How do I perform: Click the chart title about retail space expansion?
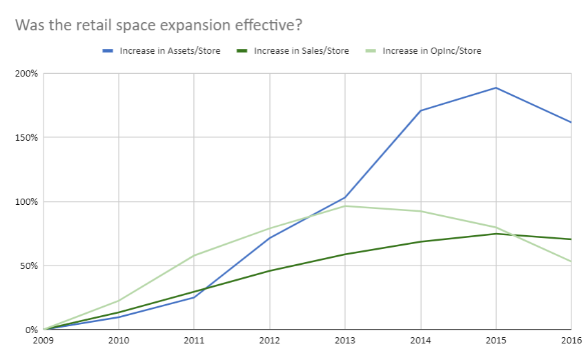[159, 25]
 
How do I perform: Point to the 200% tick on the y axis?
[27, 73]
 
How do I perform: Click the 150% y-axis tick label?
[27, 137]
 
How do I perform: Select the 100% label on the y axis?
[27, 201]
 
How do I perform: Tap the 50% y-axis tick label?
[29, 266]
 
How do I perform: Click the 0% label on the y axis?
[31, 330]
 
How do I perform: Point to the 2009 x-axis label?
[43, 341]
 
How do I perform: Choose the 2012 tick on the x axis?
[269, 341]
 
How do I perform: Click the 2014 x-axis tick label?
[420, 341]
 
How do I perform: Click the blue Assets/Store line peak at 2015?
[496, 88]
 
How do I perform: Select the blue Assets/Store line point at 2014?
[420, 110]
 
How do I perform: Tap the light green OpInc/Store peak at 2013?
[344, 206]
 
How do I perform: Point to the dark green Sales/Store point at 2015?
[496, 234]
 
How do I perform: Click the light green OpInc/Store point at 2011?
[194, 255]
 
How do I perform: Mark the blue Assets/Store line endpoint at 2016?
[571, 122]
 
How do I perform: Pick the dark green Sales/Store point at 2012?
[269, 270]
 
